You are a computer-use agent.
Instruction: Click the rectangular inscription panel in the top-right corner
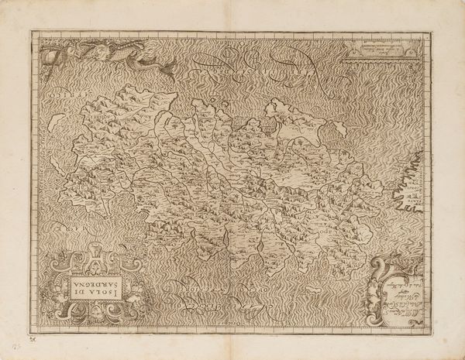384,50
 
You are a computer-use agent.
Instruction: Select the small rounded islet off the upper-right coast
272,109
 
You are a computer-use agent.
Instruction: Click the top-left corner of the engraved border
32,32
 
